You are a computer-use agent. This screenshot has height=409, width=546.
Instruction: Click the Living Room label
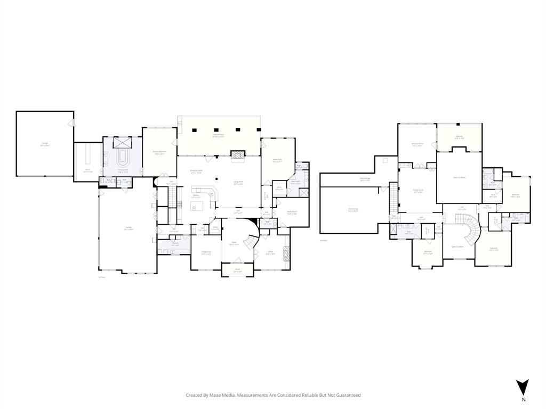(x=238, y=182)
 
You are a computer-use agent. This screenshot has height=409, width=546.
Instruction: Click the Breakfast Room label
(x=196, y=171)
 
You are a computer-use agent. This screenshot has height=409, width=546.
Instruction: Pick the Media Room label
(x=292, y=212)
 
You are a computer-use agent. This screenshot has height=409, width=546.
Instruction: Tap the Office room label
(x=270, y=252)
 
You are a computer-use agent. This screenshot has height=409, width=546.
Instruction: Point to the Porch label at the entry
(x=238, y=271)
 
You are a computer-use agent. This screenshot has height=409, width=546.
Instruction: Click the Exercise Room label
(x=417, y=144)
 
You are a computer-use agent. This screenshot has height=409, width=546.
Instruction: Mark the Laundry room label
(x=175, y=244)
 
